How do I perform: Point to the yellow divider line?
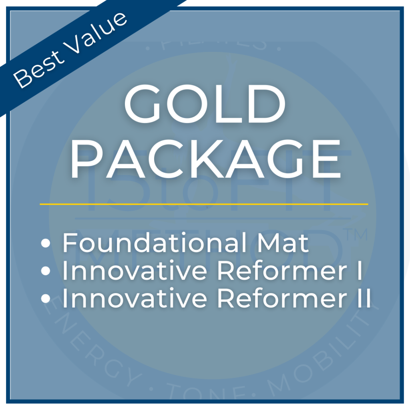click(204, 204)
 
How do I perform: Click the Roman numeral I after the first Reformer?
click(359, 271)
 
